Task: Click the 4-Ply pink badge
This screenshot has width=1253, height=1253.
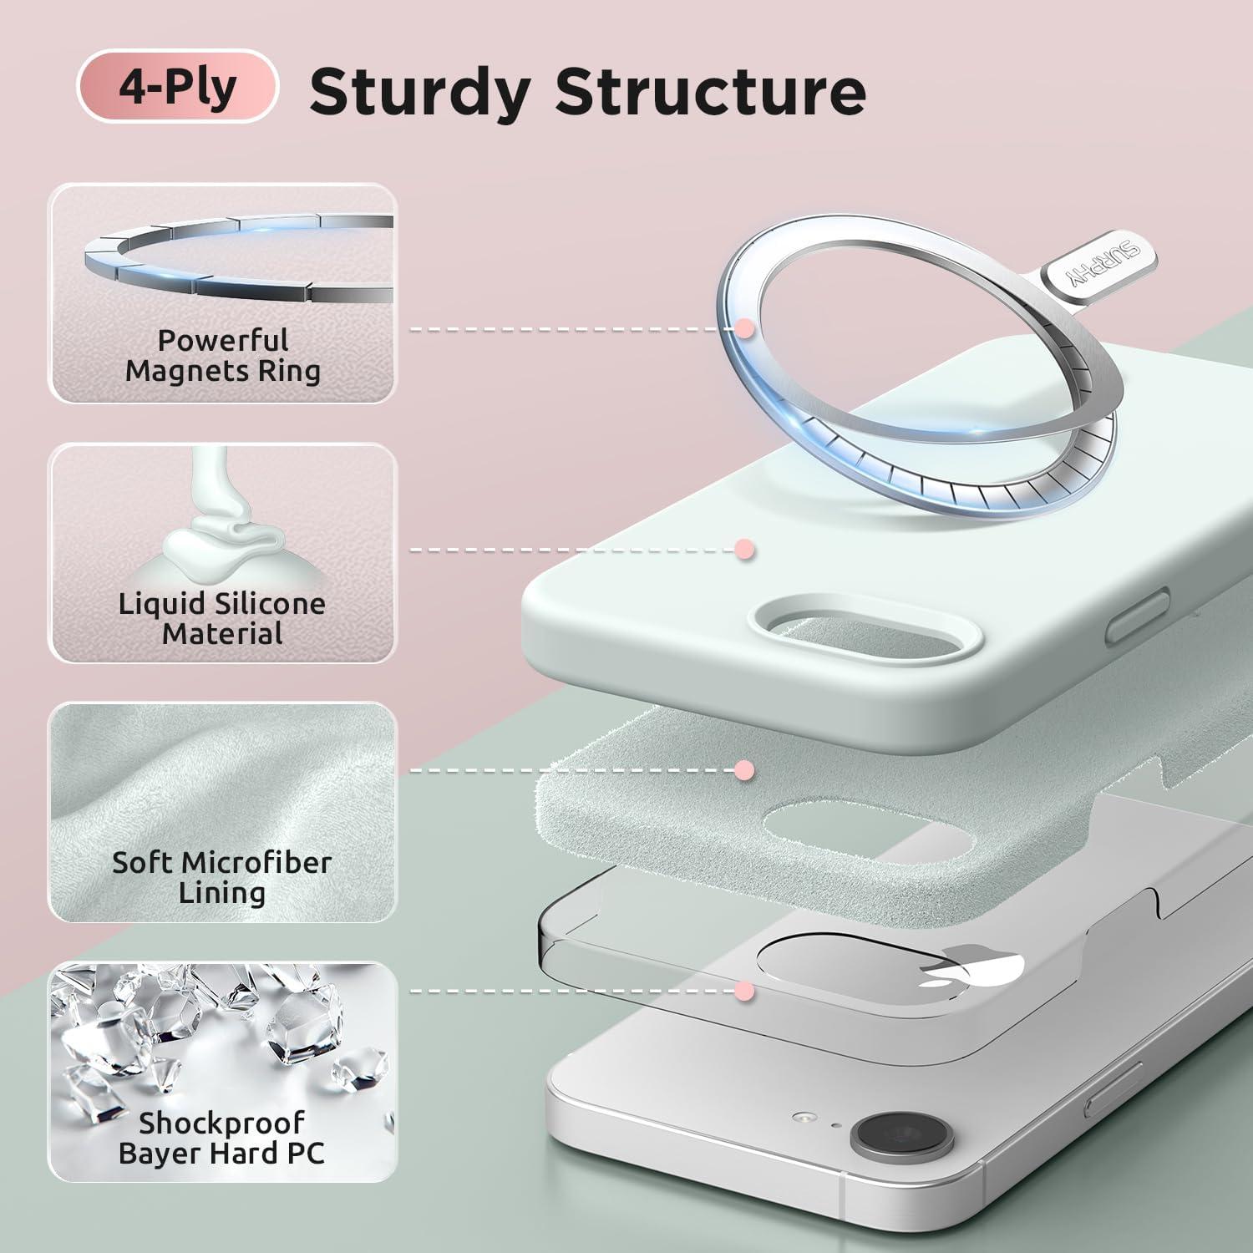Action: [177, 86]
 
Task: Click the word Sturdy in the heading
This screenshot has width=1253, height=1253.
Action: [419, 92]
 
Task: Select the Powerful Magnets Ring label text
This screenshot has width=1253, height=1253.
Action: [223, 355]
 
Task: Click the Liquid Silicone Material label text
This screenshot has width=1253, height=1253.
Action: [222, 618]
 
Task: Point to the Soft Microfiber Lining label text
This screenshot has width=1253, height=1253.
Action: [222, 877]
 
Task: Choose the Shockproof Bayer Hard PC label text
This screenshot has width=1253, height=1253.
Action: [222, 1138]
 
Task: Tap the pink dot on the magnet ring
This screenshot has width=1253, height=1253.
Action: [744, 329]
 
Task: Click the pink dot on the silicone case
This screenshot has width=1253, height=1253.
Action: [744, 550]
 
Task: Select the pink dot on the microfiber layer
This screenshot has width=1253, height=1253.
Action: [744, 770]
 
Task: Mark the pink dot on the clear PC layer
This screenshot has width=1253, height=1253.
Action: [744, 992]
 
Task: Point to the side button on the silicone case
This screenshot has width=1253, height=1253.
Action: [1138, 614]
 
